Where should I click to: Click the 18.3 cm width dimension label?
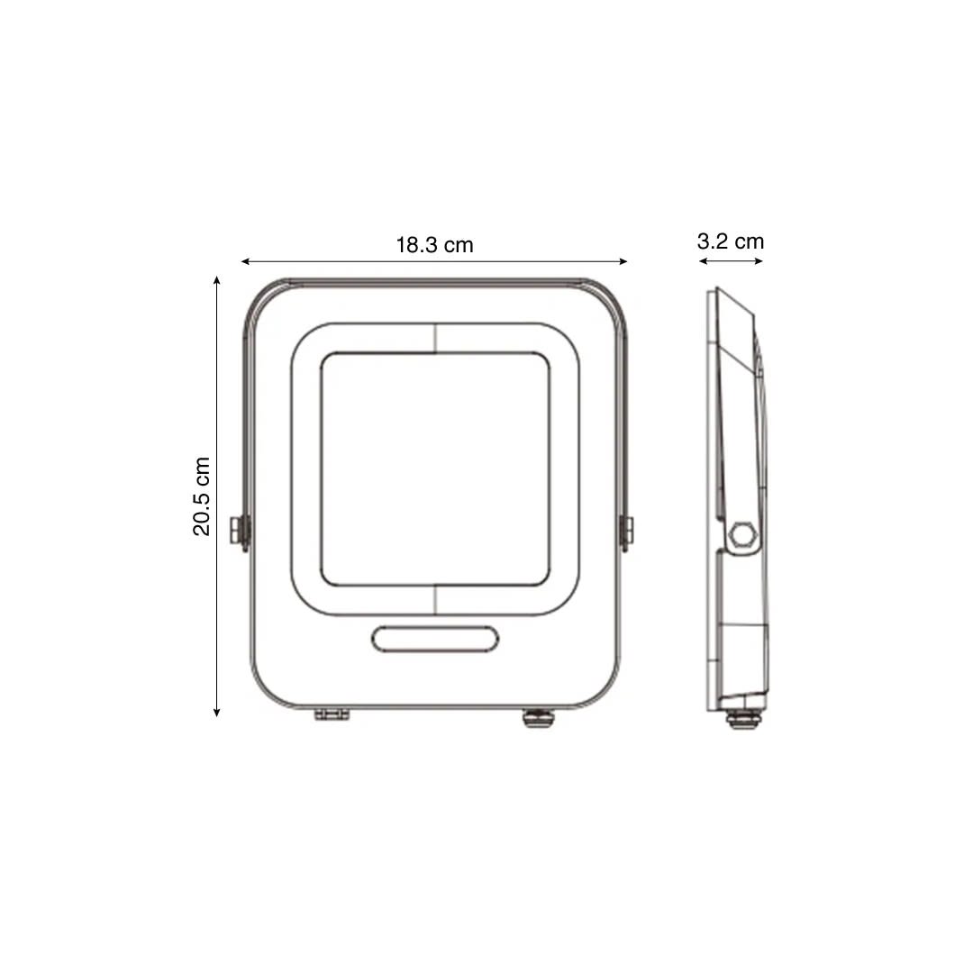434,245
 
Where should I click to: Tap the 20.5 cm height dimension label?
202,496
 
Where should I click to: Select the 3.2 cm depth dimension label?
730,241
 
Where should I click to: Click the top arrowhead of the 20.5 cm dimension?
216,280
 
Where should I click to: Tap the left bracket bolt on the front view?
240,532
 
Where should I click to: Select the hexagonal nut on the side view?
742,533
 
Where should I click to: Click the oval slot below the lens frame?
435,638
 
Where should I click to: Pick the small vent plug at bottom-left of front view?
331,714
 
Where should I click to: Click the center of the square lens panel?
435,468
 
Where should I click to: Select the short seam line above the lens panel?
435,338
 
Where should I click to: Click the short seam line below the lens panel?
435,601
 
